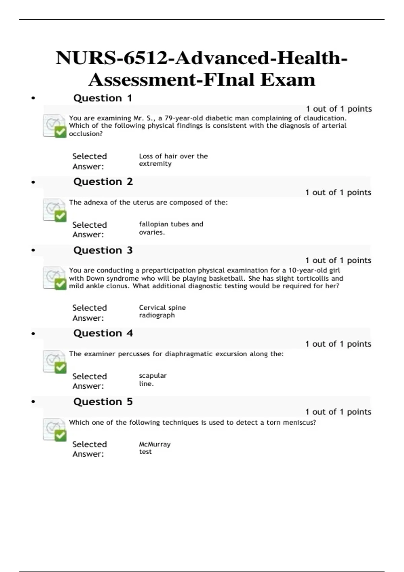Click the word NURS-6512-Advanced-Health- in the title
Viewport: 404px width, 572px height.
202,58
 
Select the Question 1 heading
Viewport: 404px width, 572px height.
103,98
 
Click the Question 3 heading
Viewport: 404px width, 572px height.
103,250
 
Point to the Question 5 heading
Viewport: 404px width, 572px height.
103,402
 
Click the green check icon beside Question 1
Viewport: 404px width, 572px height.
61,132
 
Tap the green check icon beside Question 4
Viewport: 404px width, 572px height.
61,367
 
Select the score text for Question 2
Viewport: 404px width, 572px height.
338,192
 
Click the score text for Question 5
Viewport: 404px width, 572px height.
338,412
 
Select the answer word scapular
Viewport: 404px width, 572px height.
153,376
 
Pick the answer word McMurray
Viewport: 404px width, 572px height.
155,444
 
